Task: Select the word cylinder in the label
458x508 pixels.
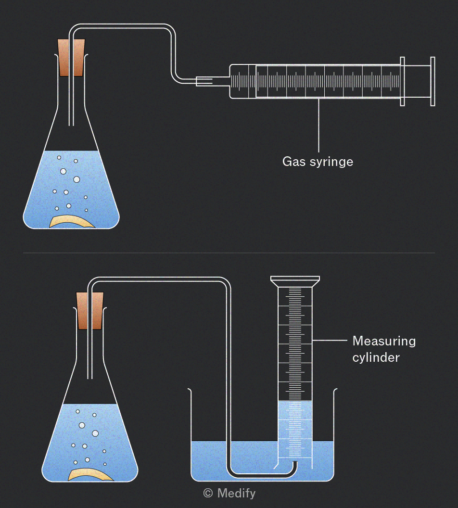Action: pyautogui.click(x=376, y=357)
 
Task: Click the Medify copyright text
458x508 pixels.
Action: pyautogui.click(x=229, y=493)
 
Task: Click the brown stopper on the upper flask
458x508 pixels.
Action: pyautogui.click(x=71, y=58)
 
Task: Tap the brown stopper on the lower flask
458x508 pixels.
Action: pyautogui.click(x=90, y=311)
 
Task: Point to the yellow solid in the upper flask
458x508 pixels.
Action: pyautogui.click(x=72, y=222)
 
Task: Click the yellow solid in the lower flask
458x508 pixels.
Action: pyautogui.click(x=91, y=475)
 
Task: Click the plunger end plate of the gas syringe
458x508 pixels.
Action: pyautogui.click(x=433, y=81)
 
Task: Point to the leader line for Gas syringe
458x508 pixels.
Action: pyautogui.click(x=318, y=126)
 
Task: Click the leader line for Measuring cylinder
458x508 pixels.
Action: pyautogui.click(x=330, y=340)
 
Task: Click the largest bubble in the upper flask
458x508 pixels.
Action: pyautogui.click(x=77, y=179)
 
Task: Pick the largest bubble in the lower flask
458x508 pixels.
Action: pyautogui.click(x=95, y=433)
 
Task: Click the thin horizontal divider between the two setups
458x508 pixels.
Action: pyautogui.click(x=229, y=253)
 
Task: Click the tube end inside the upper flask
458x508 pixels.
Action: pyautogui.click(x=71, y=125)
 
